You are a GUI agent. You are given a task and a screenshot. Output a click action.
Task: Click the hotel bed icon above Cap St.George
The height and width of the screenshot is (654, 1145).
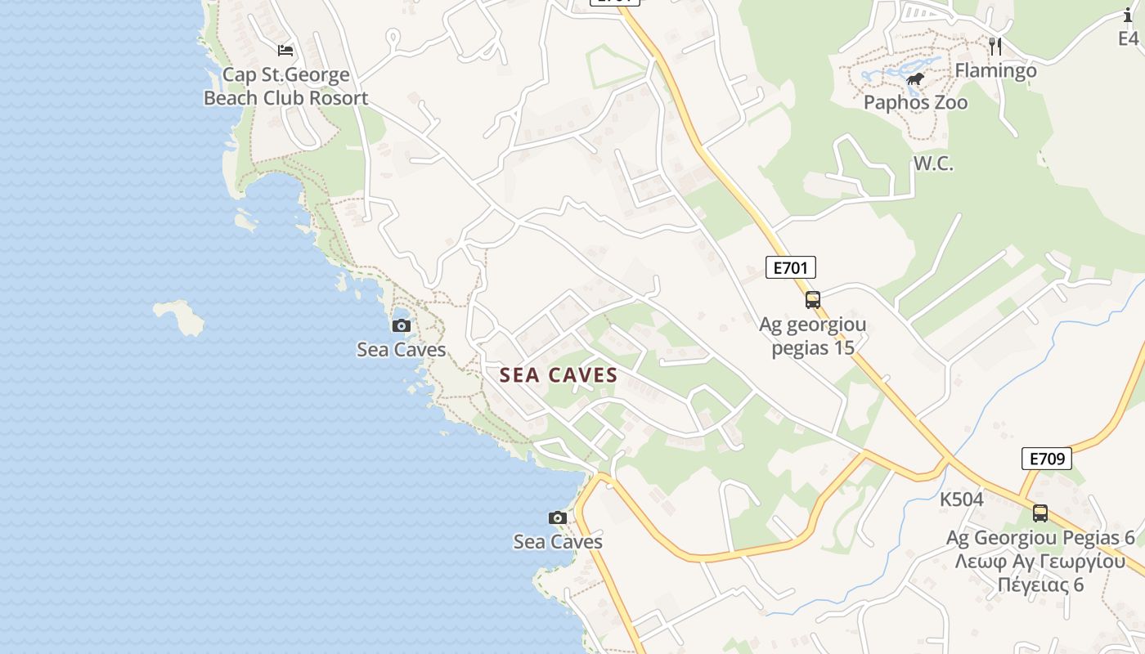pyautogui.click(x=285, y=51)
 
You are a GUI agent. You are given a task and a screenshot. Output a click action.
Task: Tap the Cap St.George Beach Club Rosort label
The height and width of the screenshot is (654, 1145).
pyautogui.click(x=285, y=87)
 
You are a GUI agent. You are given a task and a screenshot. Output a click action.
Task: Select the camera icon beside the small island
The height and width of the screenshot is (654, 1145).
pyautogui.click(x=401, y=326)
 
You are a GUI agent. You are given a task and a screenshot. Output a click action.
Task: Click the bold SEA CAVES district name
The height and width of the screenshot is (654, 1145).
pyautogui.click(x=559, y=375)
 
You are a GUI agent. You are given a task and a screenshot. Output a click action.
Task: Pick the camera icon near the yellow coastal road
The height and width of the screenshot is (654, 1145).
pyautogui.click(x=558, y=517)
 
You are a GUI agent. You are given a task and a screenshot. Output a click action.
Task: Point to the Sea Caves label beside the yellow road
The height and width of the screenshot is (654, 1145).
pyautogui.click(x=558, y=542)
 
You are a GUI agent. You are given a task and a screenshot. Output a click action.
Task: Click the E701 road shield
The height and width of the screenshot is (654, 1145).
pyautogui.click(x=791, y=267)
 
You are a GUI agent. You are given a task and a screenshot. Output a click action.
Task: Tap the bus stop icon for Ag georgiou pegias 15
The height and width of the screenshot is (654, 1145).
pyautogui.click(x=812, y=299)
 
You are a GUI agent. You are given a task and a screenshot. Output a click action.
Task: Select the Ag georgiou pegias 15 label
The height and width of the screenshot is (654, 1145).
pyautogui.click(x=812, y=336)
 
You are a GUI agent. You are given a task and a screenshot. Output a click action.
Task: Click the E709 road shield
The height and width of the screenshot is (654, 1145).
pyautogui.click(x=1047, y=459)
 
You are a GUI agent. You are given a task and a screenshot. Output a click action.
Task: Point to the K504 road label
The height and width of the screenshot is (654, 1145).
pyautogui.click(x=962, y=499)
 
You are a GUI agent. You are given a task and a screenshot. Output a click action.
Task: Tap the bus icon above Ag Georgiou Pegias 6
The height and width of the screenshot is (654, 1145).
pyautogui.click(x=1040, y=513)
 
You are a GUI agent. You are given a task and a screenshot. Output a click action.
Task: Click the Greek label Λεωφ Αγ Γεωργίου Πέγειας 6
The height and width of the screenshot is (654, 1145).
pyautogui.click(x=1040, y=573)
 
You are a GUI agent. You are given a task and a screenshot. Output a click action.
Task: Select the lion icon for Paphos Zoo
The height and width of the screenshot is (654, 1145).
pyautogui.click(x=915, y=79)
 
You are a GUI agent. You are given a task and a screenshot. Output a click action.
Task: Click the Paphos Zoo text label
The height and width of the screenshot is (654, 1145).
pyautogui.click(x=916, y=103)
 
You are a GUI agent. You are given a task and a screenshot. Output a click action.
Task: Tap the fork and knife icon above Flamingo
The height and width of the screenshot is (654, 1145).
pyautogui.click(x=995, y=47)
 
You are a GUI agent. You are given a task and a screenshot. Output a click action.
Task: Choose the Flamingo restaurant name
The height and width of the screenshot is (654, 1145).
pyautogui.click(x=995, y=71)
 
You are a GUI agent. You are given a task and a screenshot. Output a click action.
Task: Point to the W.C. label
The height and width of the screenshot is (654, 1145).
pyautogui.click(x=933, y=163)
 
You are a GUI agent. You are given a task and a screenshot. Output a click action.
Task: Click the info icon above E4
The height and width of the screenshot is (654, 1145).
pyautogui.click(x=1128, y=15)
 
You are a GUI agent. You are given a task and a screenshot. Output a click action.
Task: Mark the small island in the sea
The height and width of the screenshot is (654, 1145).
pyautogui.click(x=179, y=316)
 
